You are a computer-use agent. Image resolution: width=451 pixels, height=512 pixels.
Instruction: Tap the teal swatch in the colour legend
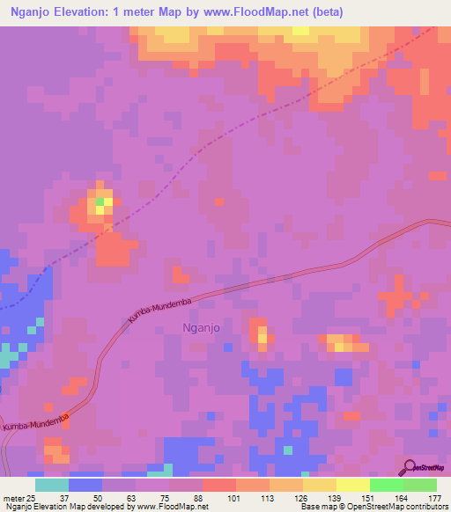pos(52,485)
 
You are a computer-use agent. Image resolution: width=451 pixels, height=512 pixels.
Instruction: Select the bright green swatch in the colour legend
pos(387,485)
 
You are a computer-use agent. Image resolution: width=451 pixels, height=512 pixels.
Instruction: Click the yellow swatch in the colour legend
pos(320,485)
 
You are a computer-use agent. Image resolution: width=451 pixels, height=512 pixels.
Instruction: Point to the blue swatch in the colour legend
pos(85,485)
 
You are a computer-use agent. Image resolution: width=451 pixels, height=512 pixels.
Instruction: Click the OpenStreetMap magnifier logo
pos(410,467)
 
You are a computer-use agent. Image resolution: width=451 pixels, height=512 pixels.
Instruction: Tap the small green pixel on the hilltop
pos(100,201)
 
